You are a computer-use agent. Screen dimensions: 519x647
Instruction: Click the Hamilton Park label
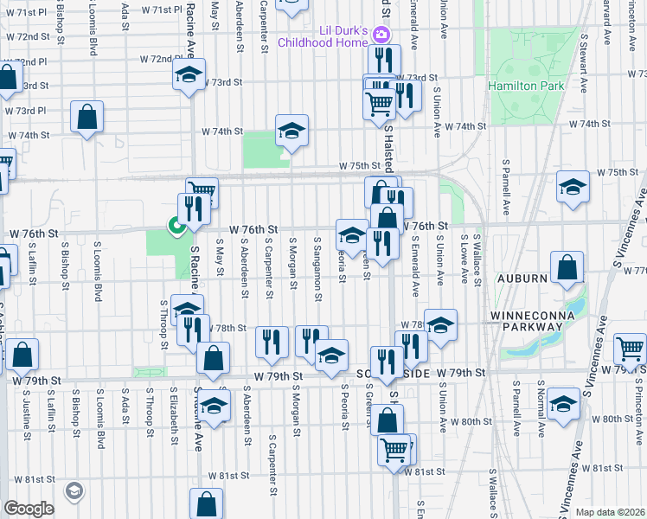click(x=526, y=86)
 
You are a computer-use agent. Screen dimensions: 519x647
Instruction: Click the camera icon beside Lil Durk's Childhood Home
click(x=382, y=35)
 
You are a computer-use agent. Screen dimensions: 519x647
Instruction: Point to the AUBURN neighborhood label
click(x=522, y=279)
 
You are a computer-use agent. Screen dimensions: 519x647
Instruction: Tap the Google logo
click(x=29, y=509)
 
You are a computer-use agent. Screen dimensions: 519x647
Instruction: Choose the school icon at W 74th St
click(x=292, y=131)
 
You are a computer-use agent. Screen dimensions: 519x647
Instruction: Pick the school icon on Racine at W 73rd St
click(x=189, y=75)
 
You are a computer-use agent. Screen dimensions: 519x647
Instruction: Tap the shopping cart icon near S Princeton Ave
click(x=631, y=348)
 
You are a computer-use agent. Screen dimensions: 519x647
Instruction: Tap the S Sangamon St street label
click(x=319, y=270)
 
